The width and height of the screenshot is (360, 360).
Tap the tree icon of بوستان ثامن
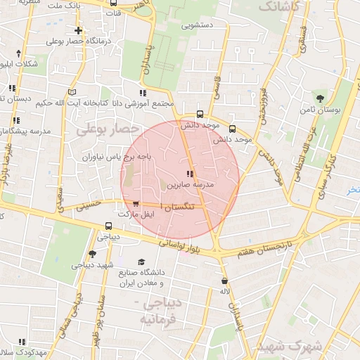[321, 98]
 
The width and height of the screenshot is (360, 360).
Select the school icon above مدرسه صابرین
[189, 173]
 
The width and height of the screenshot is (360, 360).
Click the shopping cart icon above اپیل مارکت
[135, 203]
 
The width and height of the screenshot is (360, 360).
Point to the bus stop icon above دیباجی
[108, 226]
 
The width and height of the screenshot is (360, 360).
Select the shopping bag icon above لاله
[224, 281]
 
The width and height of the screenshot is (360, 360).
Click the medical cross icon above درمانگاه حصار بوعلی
[77, 31]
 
